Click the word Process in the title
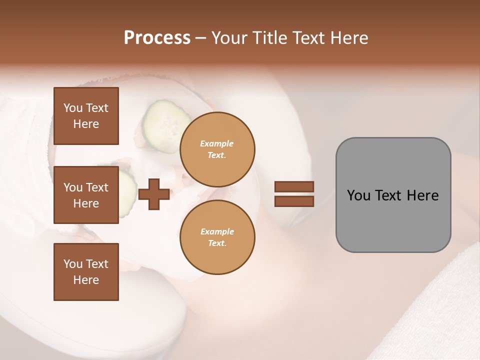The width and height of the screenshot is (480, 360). click(157, 38)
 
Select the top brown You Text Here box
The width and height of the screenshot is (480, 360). click(86, 116)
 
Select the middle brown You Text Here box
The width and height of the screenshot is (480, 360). click(86, 195)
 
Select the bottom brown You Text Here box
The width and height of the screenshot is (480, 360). click(86, 272)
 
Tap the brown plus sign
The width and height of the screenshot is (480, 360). click(154, 194)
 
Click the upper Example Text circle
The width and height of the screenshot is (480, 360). click(217, 149)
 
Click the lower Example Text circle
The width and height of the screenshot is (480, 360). click(217, 237)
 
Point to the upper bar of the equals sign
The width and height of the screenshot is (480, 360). click(294, 187)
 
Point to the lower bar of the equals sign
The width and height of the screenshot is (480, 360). click(294, 201)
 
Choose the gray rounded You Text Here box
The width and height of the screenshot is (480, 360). click(393, 195)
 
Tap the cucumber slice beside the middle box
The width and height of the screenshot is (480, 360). click(127, 195)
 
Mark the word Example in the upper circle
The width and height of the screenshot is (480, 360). click(217, 143)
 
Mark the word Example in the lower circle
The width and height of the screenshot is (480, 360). click(217, 231)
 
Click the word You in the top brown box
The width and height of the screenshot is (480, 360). click(73, 108)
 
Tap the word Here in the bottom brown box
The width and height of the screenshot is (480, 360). click(86, 280)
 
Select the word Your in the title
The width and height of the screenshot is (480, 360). click(227, 38)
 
